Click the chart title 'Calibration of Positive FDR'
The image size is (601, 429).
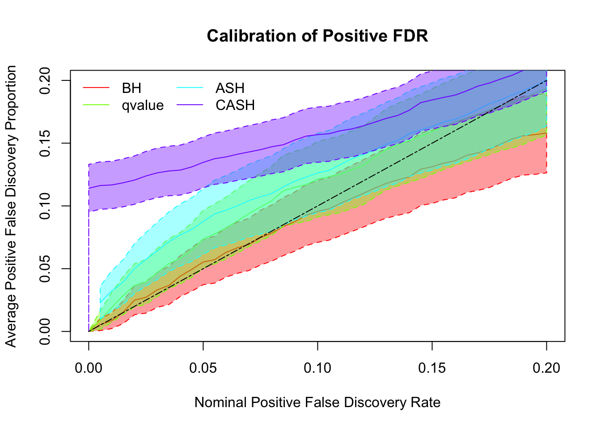(317, 36)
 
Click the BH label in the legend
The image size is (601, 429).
(131, 88)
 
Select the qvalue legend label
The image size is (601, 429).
(143, 105)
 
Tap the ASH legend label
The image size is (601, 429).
(230, 88)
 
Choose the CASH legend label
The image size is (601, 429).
(235, 105)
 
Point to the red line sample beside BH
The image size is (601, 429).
(96, 88)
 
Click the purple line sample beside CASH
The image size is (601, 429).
(190, 105)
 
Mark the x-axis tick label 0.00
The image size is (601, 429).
(89, 368)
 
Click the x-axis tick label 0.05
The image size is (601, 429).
(203, 368)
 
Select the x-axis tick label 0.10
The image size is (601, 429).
(317, 368)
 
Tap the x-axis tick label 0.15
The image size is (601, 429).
(432, 368)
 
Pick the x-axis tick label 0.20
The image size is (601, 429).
(546, 368)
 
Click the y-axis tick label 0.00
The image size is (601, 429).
(45, 332)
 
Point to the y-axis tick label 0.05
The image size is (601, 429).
(45, 269)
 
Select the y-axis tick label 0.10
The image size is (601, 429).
(45, 206)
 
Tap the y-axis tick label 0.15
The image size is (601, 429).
(45, 143)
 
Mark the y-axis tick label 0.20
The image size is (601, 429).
(45, 80)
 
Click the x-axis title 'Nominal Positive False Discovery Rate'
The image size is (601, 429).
(317, 403)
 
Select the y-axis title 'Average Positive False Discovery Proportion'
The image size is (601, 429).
(11, 206)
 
